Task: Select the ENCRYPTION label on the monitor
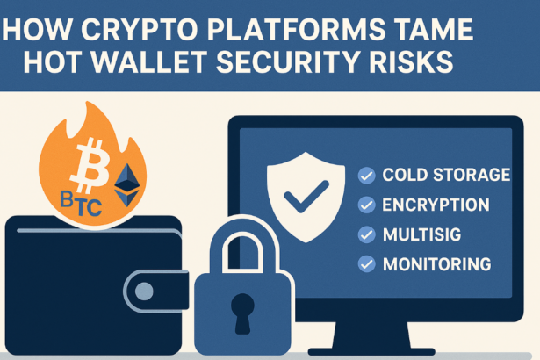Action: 436,205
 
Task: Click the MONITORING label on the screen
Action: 436,263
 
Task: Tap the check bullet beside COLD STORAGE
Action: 367,176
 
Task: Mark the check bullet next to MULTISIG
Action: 367,234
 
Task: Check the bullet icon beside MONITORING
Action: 367,263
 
